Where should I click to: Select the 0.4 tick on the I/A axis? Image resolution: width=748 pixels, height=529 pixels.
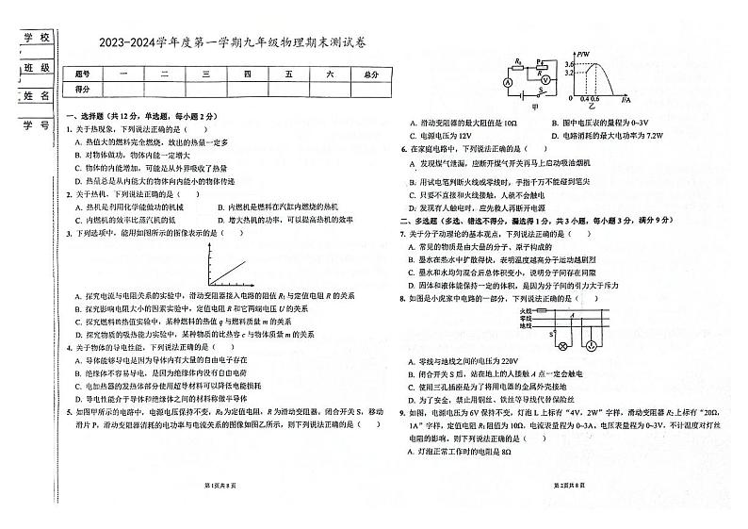point(583,97)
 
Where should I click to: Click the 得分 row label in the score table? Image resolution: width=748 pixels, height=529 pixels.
point(82,88)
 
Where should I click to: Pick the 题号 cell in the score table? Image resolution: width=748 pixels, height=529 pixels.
point(82,73)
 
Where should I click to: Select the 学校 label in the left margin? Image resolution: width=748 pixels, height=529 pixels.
point(35,37)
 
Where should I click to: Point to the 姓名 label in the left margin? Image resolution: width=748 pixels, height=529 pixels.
point(35,96)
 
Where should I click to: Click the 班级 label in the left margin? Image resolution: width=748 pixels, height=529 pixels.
point(35,67)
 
